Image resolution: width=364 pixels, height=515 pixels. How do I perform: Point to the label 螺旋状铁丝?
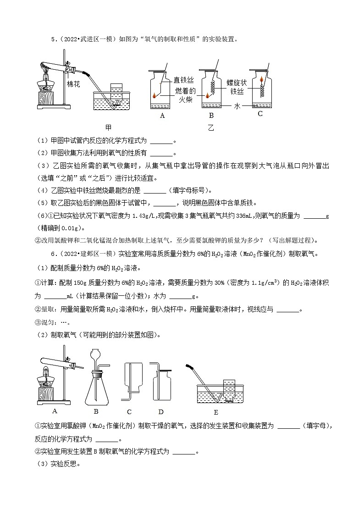[x=237, y=88]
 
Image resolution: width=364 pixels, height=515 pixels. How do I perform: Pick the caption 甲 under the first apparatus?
[x=108, y=127]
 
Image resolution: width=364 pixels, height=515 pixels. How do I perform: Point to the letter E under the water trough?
[x=215, y=412]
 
